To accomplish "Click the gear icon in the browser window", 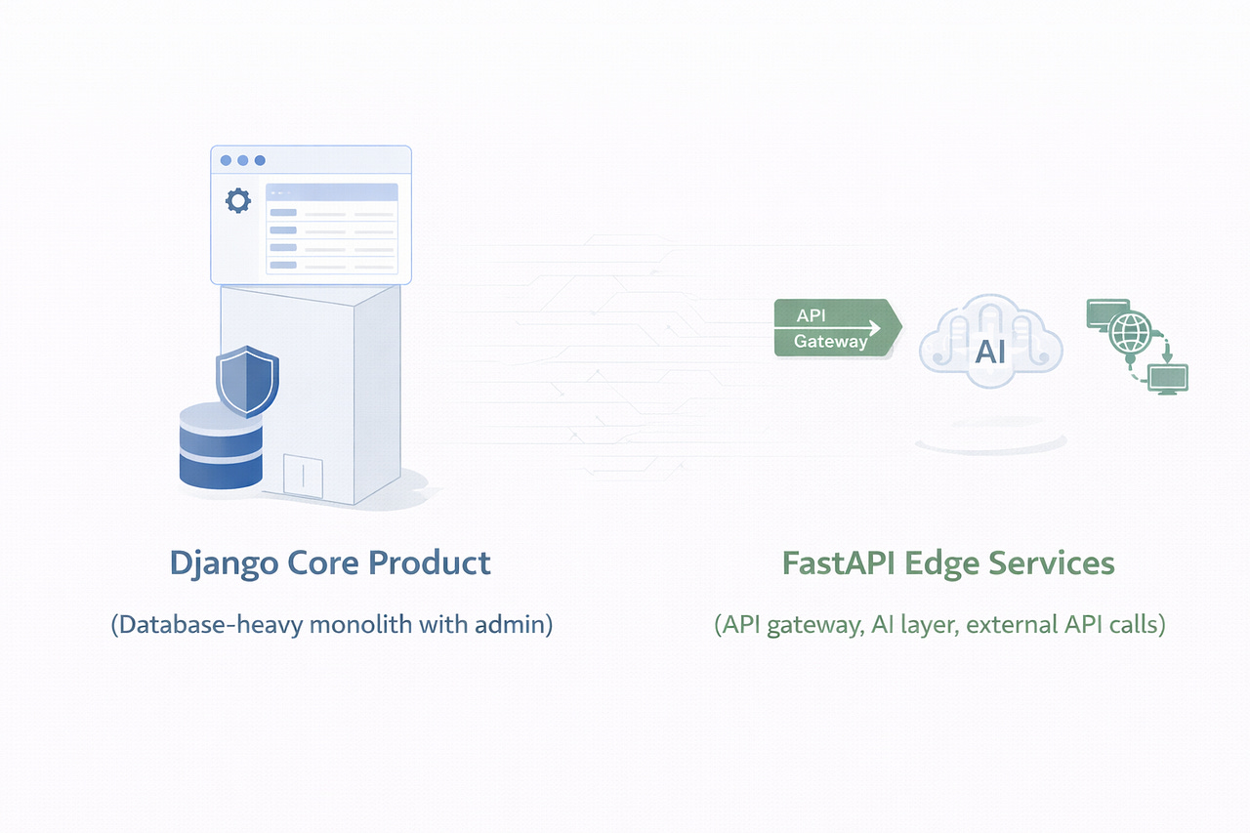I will click(237, 201).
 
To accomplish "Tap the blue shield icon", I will click(247, 381).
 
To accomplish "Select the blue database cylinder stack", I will click(221, 445).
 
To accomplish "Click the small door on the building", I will click(304, 476).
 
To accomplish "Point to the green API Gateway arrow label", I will click(835, 328).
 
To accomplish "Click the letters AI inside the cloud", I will click(990, 353).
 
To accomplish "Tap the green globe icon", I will click(1130, 332).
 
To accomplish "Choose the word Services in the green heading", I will click(1062, 563).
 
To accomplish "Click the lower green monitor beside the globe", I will click(1168, 377).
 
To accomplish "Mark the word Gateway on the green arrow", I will click(830, 341).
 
